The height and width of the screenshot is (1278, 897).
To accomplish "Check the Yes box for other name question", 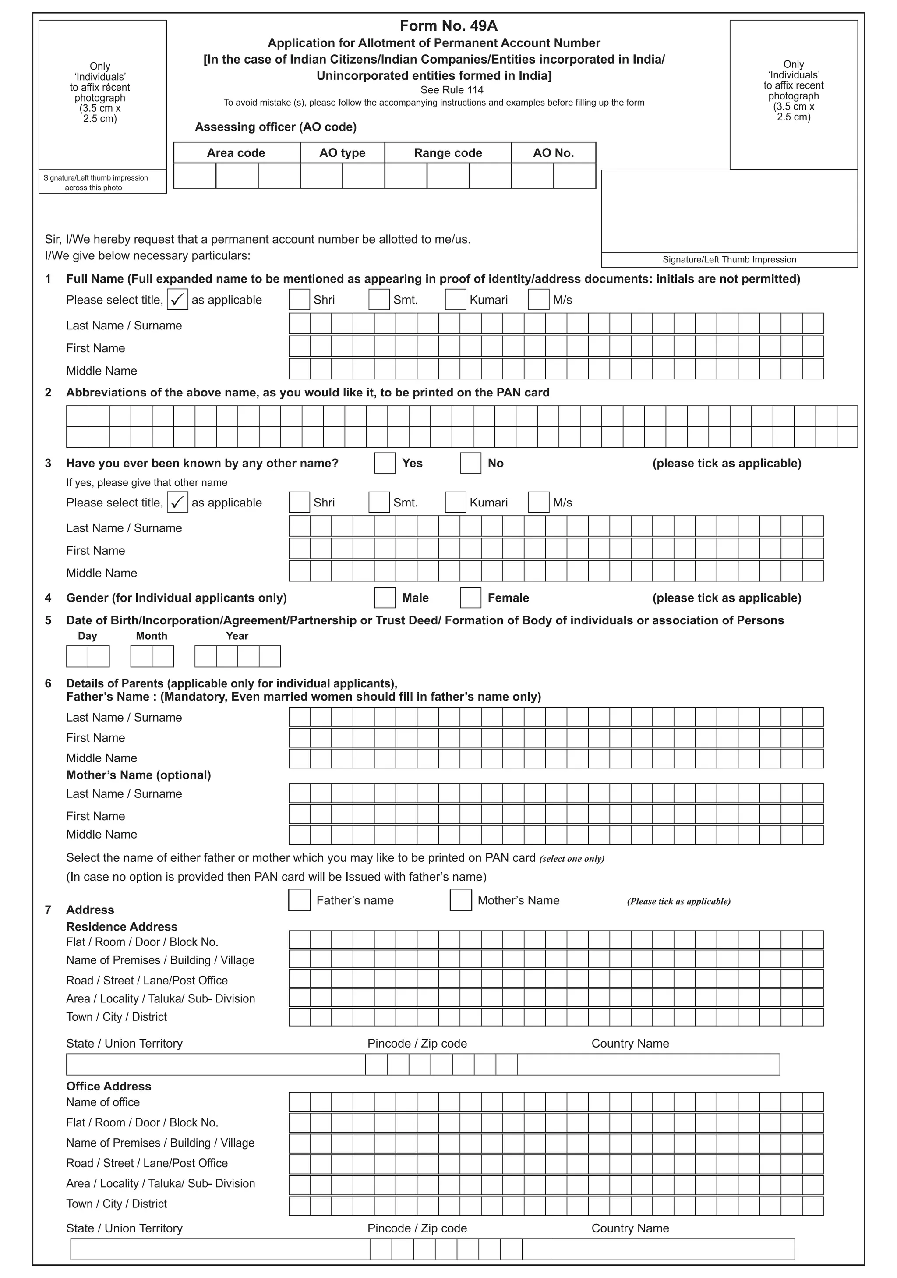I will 385,463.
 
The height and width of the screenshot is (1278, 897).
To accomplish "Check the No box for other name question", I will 470,463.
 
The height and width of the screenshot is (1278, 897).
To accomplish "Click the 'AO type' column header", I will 342,153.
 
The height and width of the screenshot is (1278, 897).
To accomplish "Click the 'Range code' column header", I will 448,153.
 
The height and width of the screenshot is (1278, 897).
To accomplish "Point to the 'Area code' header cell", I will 236,153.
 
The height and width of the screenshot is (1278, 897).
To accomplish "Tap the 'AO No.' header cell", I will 553,153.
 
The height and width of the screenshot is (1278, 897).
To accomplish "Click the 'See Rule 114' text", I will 452,90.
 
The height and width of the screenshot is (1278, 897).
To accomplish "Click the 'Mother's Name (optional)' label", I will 138,775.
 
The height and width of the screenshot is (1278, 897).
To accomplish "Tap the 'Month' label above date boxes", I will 152,636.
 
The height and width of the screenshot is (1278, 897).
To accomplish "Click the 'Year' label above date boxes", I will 237,636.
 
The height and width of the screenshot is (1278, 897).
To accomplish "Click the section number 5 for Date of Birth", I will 49,621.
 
